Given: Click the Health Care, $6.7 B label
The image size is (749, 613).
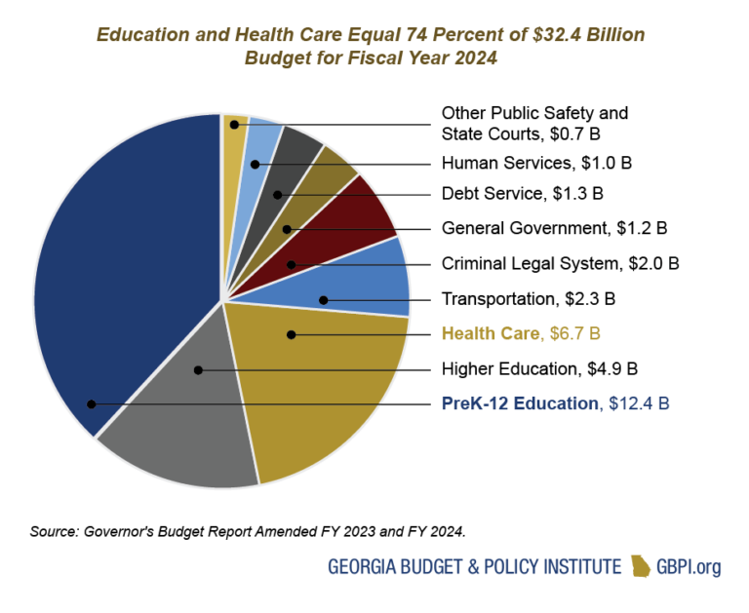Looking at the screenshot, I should (x=520, y=334).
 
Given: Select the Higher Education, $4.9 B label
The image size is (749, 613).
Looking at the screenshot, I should (x=539, y=368).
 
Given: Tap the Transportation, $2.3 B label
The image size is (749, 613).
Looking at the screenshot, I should (x=528, y=299).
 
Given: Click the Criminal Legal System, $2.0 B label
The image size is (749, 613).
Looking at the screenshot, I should (x=560, y=263).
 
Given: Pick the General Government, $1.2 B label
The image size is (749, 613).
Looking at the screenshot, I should (x=554, y=228).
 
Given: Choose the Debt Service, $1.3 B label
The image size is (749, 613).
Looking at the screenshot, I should (x=523, y=193).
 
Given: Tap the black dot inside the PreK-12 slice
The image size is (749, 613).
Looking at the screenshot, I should (x=91, y=403).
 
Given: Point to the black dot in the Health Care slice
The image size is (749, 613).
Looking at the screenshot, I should (x=290, y=335).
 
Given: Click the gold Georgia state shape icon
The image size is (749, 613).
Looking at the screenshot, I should (x=641, y=566).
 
